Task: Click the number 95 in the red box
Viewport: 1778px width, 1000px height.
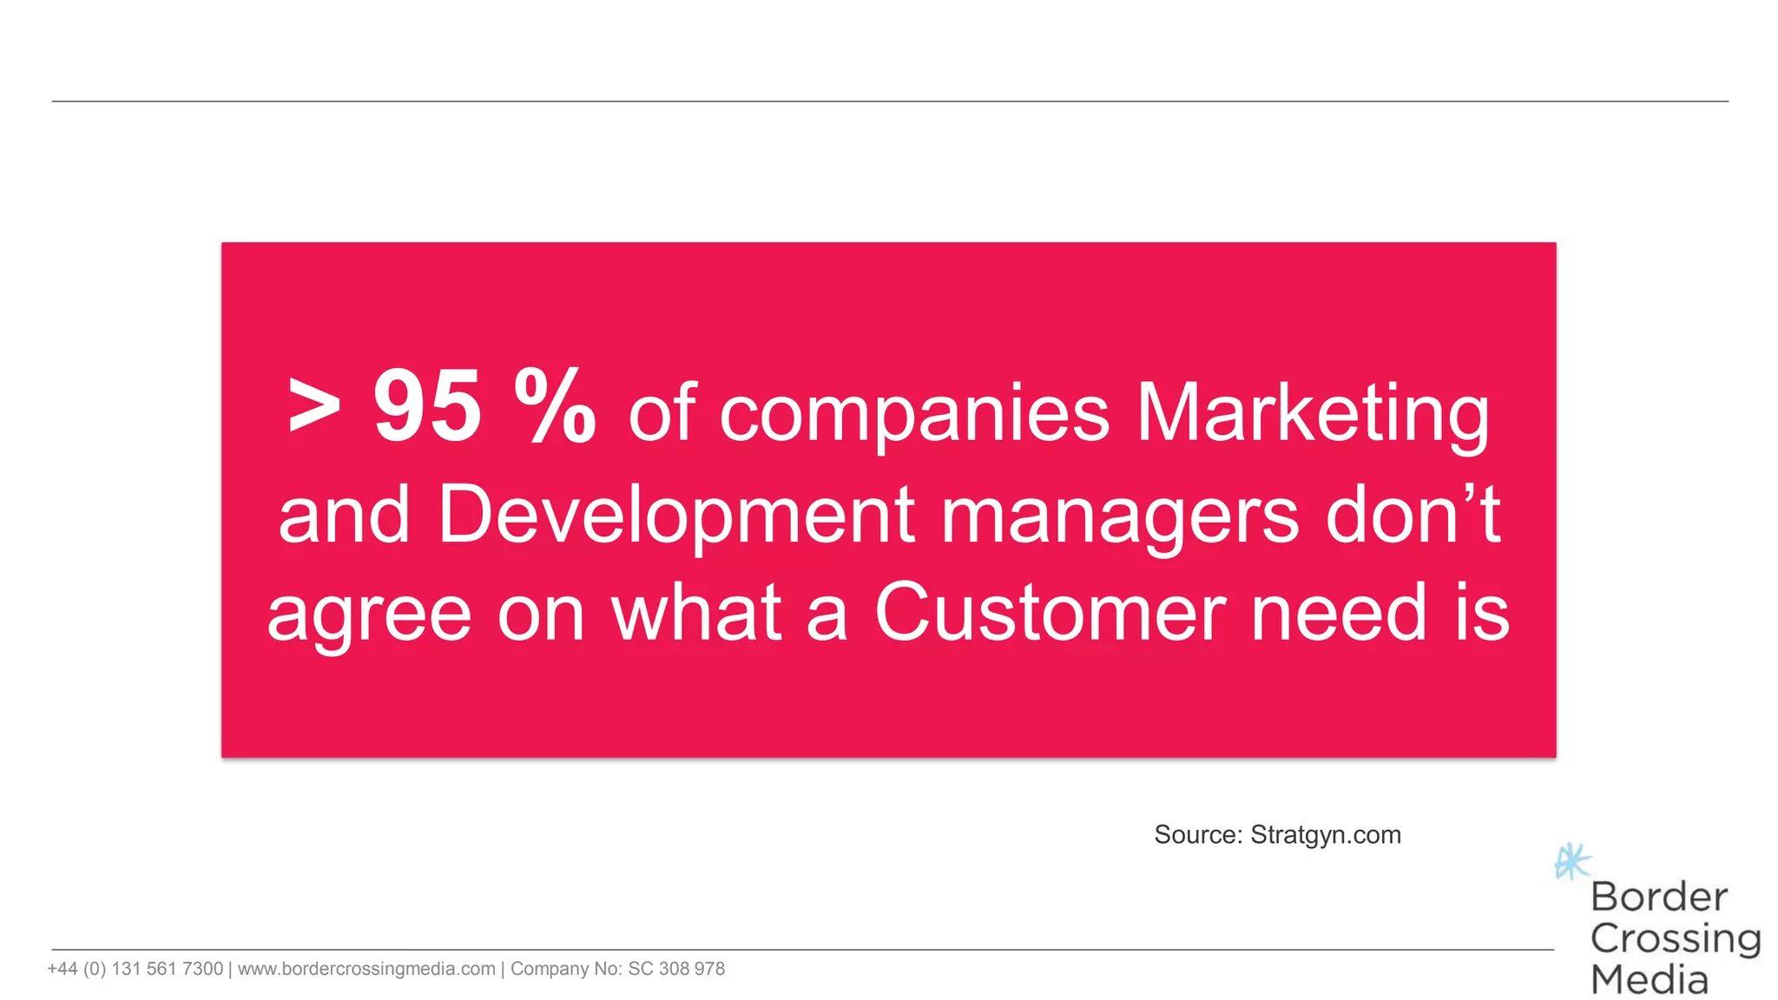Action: (426, 406)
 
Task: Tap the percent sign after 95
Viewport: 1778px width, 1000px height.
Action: (555, 406)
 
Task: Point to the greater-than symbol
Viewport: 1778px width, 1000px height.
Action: (313, 406)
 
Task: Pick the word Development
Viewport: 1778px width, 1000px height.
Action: (676, 516)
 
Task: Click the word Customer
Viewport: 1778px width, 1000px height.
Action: (1050, 613)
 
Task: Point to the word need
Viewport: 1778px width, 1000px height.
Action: (1339, 613)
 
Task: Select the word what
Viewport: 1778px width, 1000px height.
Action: (697, 613)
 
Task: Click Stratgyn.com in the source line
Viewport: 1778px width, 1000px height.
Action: (1325, 835)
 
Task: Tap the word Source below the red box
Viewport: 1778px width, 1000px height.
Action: (1197, 835)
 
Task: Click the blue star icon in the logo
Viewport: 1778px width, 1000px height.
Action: (1571, 862)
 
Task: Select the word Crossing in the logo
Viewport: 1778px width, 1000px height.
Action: (1675, 938)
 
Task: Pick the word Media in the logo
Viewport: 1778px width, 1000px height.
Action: (1649, 980)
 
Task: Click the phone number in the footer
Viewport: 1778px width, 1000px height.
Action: (135, 969)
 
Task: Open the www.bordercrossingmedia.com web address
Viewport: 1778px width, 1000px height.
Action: (366, 969)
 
